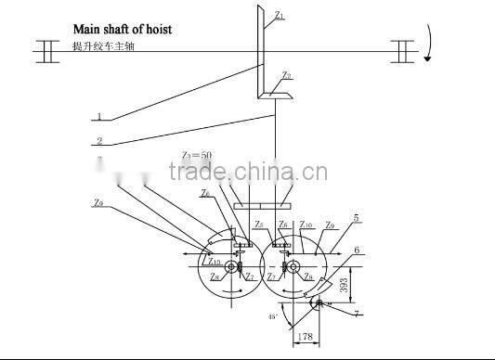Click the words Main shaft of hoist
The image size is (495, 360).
[x=123, y=29]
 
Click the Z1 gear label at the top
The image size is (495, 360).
[x=280, y=16]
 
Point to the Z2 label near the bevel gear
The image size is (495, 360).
[x=287, y=75]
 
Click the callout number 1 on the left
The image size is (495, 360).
[x=98, y=117]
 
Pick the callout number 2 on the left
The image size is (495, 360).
[x=98, y=141]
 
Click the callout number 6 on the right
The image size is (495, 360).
[x=357, y=250]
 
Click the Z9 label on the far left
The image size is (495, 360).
[x=98, y=201]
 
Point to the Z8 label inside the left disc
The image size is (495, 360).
[x=215, y=276]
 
